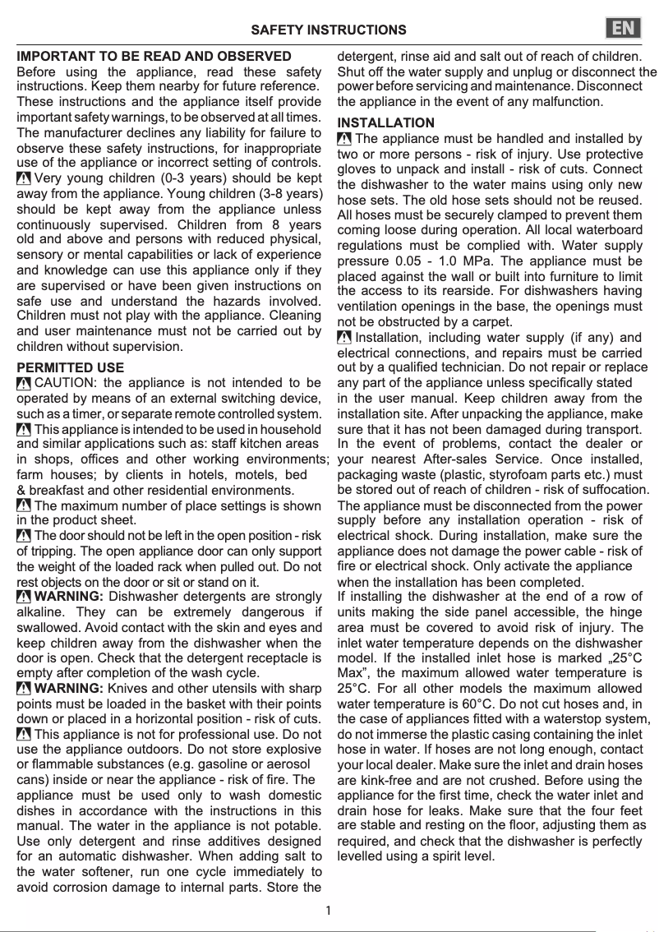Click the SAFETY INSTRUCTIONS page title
coord(329,30)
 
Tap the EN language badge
coord(624,28)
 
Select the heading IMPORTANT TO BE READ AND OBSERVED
coord(154,57)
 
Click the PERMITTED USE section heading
coord(71,367)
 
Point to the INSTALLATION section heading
coord(386,123)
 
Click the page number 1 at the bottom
coord(328,910)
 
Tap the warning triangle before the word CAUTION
coord(25,384)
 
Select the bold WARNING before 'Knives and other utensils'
coord(69,688)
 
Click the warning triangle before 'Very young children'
coord(25,178)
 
